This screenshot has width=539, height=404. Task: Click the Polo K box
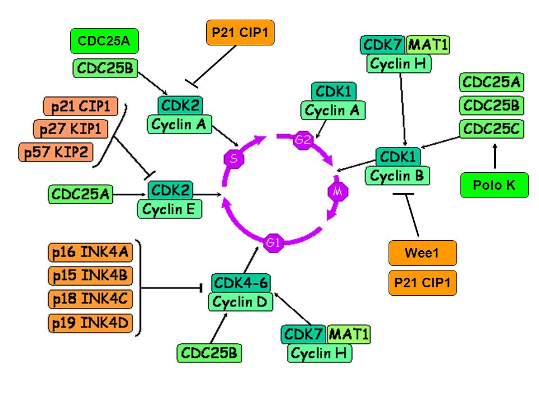[494, 185]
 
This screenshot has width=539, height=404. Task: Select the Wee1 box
[422, 253]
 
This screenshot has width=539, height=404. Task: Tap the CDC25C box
[492, 129]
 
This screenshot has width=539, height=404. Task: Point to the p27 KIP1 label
[71, 129]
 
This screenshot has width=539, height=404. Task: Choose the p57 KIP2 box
[56, 152]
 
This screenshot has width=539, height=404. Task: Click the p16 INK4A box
[90, 252]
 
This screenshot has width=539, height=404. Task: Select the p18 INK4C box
[90, 299]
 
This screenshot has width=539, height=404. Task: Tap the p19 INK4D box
[90, 323]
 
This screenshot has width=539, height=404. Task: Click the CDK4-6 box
[241, 283]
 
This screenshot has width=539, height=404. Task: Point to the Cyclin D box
[240, 302]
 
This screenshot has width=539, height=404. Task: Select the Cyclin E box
[170, 209]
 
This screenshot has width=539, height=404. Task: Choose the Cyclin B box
[398, 176]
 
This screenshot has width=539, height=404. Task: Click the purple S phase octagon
[234, 158]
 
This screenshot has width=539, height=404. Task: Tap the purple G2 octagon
[303, 140]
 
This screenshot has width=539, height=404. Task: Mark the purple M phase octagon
[338, 191]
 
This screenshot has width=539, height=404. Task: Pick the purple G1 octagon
[273, 242]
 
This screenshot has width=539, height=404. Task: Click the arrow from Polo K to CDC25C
[495, 156]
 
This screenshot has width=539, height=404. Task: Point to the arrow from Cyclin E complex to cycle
[207, 195]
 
